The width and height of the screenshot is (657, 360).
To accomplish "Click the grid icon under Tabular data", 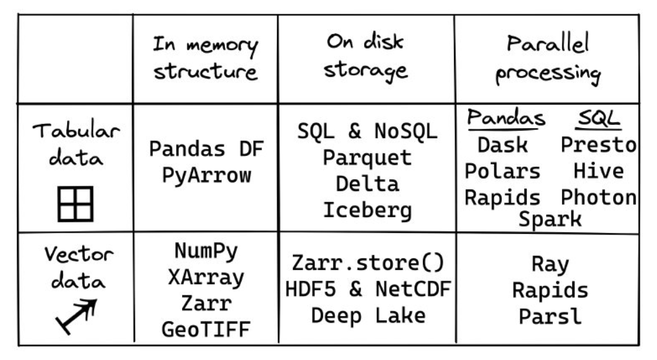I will pyautogui.click(x=75, y=203).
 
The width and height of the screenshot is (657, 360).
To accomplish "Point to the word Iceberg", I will pyautogui.click(x=366, y=210).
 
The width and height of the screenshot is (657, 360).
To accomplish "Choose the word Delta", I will pyautogui.click(x=366, y=184).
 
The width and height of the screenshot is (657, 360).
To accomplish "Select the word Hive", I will pyautogui.click(x=599, y=170).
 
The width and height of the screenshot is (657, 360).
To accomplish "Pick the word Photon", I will pyautogui.click(x=599, y=196).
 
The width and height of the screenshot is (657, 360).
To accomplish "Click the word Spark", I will pyautogui.click(x=550, y=219).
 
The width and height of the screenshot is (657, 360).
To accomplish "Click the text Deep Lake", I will pyautogui.click(x=366, y=315).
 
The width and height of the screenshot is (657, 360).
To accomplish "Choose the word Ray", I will pyautogui.click(x=550, y=264).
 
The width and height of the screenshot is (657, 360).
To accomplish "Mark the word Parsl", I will pyautogui.click(x=550, y=316).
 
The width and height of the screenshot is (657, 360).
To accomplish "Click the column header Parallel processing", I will pyautogui.click(x=548, y=60).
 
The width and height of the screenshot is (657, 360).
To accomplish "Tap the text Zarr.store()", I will pyautogui.click(x=366, y=263).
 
